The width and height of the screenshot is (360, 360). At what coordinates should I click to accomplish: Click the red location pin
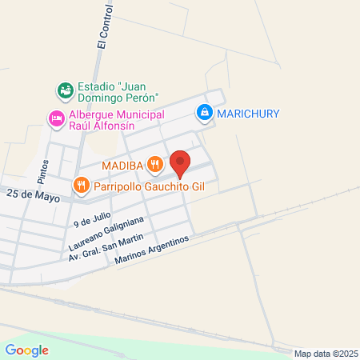click(181, 163)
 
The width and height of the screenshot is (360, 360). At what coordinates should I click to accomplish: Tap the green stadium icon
click(64, 88)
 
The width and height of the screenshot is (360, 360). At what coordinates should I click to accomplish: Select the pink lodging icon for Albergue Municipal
click(56, 118)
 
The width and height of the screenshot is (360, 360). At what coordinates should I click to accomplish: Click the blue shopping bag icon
click(205, 113)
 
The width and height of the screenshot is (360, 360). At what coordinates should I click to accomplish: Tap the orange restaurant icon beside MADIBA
click(155, 166)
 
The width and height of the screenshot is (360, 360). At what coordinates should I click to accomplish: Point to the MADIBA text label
click(122, 166)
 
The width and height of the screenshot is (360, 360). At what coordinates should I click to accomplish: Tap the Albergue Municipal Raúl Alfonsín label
click(117, 119)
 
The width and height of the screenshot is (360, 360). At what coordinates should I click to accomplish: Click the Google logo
click(26, 350)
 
